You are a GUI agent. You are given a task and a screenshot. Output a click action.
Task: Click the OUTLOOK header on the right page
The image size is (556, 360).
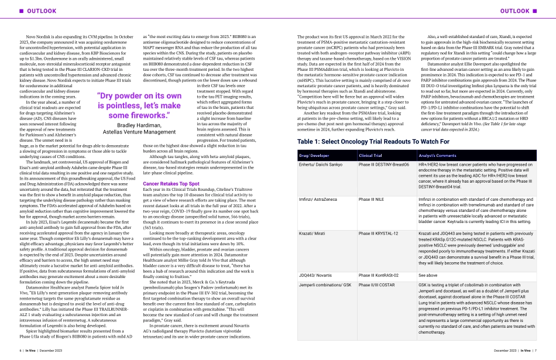pyautogui.click(x=517, y=11)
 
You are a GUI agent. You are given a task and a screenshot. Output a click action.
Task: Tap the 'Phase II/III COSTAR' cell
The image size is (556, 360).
pyautogui.click(x=379, y=284)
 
